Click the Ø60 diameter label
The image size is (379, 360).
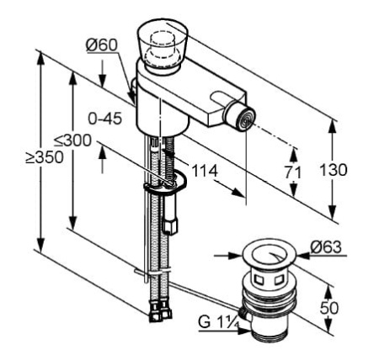tap(101, 45)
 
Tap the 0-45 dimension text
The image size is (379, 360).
tap(105, 119)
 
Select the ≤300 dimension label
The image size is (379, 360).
tap(73, 140)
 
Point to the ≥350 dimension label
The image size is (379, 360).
tap(45, 157)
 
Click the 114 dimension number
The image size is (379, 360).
tap(205, 171)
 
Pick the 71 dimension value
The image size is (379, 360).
tap(293, 172)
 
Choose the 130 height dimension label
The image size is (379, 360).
tap(334, 170)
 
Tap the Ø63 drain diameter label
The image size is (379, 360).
tap(326, 247)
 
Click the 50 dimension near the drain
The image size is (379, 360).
tap(329, 308)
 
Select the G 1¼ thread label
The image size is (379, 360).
tap(219, 322)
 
